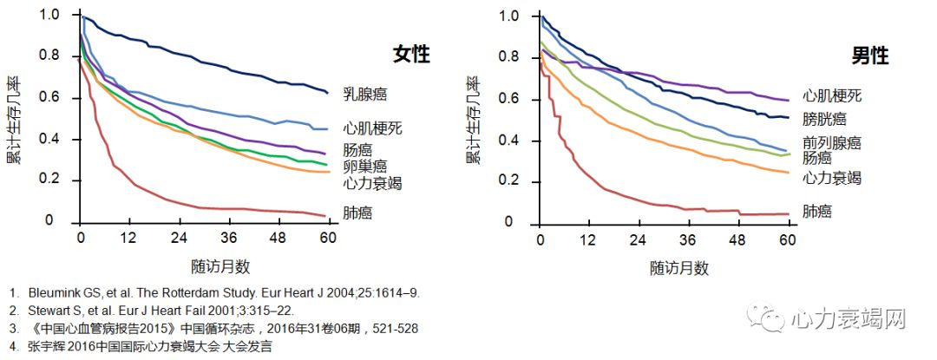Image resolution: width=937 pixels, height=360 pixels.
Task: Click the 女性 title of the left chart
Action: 410,54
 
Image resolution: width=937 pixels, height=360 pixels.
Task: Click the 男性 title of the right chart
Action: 869,56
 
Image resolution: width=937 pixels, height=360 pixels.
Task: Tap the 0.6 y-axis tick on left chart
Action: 51,97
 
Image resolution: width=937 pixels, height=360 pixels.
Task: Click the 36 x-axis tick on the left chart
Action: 229,239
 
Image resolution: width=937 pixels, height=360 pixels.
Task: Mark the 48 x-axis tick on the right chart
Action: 738,240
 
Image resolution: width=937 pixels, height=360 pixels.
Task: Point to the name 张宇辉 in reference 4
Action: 49,346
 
